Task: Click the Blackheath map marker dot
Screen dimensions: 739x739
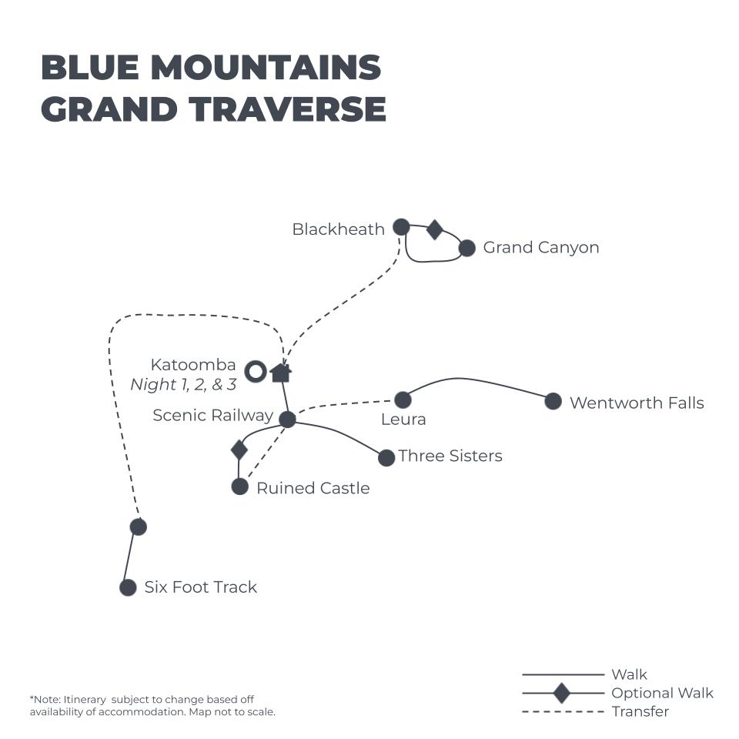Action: click(401, 226)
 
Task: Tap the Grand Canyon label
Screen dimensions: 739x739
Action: click(541, 247)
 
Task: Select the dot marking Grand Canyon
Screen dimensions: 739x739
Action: click(466, 248)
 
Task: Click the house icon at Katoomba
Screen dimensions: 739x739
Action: click(281, 373)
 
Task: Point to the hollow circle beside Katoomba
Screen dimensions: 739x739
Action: click(256, 371)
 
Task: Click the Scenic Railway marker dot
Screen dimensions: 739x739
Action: click(287, 419)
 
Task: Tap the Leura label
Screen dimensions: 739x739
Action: click(403, 419)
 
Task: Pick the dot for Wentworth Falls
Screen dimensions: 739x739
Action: click(553, 401)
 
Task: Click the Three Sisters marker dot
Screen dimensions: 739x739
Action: click(386, 457)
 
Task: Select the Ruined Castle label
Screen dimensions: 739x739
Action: click(313, 488)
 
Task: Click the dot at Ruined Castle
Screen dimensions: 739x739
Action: click(240, 487)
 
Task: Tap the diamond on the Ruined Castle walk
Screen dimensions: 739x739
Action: click(239, 450)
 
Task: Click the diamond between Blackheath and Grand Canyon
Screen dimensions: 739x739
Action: click(434, 230)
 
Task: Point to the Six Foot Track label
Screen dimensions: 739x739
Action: click(201, 587)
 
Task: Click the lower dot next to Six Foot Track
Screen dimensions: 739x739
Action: click(128, 587)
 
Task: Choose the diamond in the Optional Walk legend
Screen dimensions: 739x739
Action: click(562, 693)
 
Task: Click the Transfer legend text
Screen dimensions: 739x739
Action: click(640, 711)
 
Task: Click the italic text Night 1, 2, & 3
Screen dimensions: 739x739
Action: click(183, 385)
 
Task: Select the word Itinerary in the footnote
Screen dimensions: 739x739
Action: click(85, 700)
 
